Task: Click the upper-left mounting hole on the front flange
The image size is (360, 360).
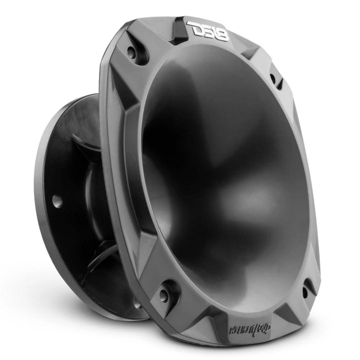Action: tap(132, 51)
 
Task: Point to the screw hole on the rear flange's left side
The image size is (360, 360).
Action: tap(56, 200)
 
